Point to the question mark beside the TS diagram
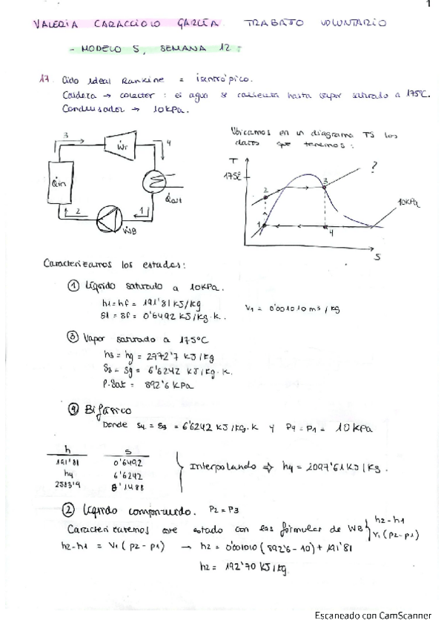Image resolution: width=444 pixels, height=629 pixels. tap(374, 168)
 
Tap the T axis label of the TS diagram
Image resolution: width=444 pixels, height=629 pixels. tap(234, 160)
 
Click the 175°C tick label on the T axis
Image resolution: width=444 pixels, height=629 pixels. tap(232, 177)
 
